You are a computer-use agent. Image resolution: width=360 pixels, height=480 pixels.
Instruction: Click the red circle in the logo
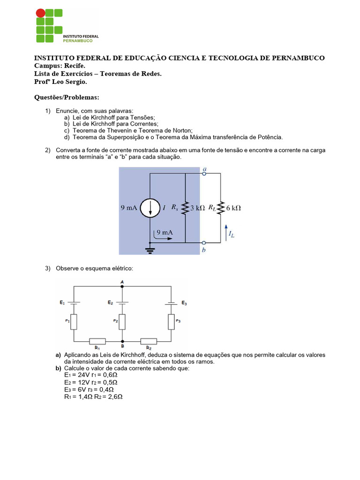coord(41,13)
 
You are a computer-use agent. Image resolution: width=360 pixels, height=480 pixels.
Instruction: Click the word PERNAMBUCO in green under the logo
coord(78,41)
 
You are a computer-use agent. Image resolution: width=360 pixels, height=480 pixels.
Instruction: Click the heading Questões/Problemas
coord(67,97)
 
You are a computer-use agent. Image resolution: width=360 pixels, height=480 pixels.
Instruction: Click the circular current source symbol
coord(150,208)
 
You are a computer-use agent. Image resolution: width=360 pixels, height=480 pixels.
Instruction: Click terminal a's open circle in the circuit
coord(204,173)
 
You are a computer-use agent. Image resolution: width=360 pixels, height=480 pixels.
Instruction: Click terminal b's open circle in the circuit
coord(204,243)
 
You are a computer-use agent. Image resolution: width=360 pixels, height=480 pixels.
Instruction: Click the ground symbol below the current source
coord(150,249)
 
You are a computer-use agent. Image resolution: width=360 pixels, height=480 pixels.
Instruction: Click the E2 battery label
coord(110,303)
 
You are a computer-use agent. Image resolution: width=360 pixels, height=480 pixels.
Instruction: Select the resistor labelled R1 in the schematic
coord(97,341)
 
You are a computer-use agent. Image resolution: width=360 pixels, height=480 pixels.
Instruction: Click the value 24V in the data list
coord(81,375)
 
